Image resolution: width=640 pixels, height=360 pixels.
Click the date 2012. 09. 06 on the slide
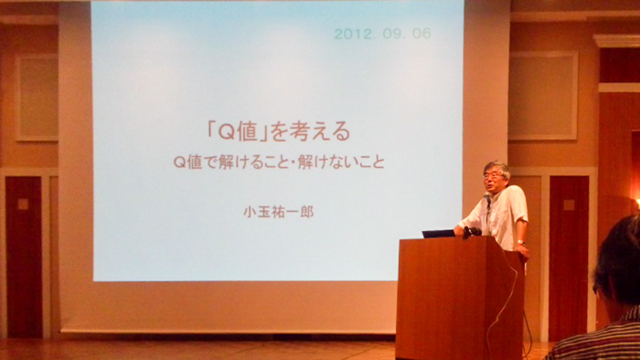pyautogui.click(x=382, y=34)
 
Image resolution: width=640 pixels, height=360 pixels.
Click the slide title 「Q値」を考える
pyautogui.click(x=279, y=132)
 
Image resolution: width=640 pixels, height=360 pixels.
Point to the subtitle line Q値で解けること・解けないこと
pyautogui.click(x=279, y=163)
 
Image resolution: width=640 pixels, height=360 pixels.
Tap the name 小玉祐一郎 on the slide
pyautogui.click(x=279, y=212)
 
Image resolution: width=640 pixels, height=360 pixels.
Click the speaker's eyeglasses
pyautogui.click(x=492, y=176)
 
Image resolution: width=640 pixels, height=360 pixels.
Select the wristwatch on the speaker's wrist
pyautogui.click(x=520, y=242)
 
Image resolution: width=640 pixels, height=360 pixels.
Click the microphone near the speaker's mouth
pyautogui.click(x=487, y=198)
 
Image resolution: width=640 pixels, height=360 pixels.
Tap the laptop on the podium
pyautogui.click(x=438, y=234)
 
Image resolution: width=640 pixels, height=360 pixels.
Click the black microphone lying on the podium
pyautogui.click(x=472, y=232)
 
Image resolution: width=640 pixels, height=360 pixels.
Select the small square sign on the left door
pyautogui.click(x=23, y=204)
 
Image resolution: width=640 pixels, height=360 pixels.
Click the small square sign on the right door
pyautogui.click(x=569, y=205)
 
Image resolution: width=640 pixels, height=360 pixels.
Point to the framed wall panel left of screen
pyautogui.click(x=37, y=98)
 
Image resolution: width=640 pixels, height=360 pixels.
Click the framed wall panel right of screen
pyautogui.click(x=543, y=96)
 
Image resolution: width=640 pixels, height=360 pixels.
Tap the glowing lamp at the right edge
pyautogui.click(x=637, y=202)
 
